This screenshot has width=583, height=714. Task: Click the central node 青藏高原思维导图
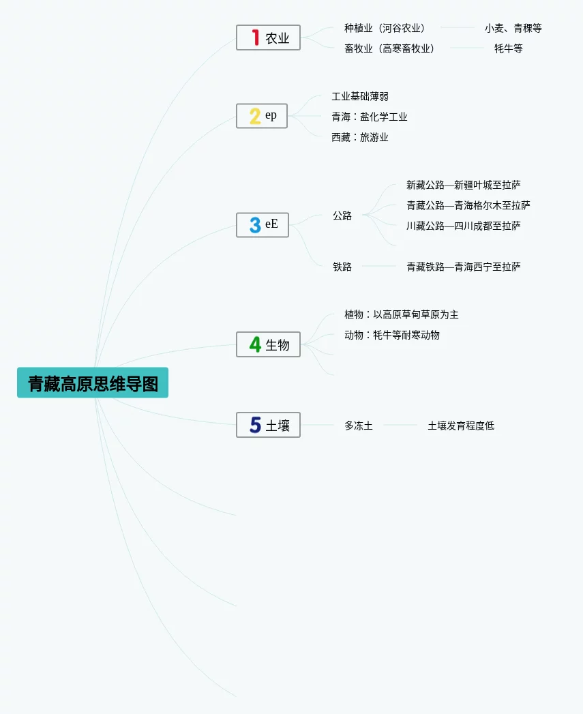tap(93, 383)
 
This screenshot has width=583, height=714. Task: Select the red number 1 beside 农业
tap(255, 38)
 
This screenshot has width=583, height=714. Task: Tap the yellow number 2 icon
tap(255, 116)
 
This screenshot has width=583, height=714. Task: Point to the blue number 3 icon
tap(255, 225)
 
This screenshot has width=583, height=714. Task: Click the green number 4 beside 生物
tap(255, 344)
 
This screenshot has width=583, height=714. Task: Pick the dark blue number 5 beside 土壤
tap(255, 425)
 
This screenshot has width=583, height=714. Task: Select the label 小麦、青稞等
tap(513, 28)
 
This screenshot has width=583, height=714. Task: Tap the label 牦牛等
tap(508, 48)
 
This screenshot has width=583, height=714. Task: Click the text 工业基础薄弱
tap(360, 96)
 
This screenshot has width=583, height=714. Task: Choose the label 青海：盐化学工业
tap(370, 117)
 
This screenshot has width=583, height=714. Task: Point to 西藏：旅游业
tap(360, 137)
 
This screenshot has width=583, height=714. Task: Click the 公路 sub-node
tap(342, 215)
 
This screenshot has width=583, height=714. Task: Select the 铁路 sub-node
tap(342, 267)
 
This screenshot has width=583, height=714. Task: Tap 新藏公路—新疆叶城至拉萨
tap(464, 185)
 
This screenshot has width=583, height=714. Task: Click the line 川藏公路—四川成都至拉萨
tap(464, 226)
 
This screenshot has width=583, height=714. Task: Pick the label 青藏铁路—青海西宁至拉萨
tap(464, 267)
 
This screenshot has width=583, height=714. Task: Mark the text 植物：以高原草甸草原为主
tap(402, 314)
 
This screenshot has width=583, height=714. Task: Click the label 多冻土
tap(359, 426)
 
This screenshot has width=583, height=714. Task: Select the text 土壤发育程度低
tap(461, 426)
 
